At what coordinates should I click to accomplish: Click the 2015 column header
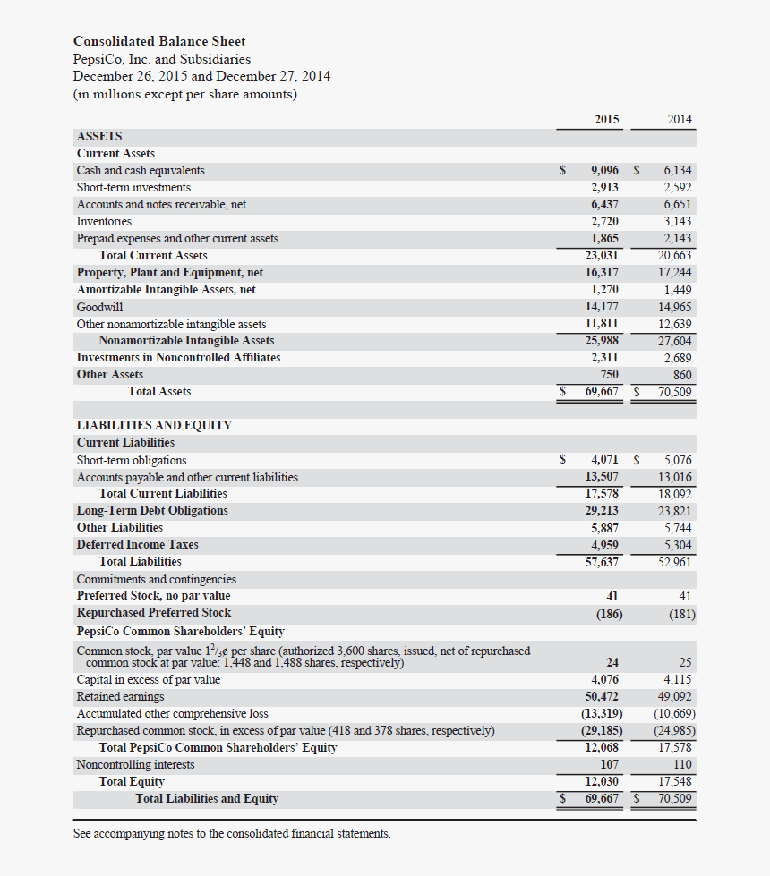606,119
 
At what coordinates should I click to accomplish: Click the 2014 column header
679,119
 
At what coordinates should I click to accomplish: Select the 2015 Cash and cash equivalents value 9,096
604,170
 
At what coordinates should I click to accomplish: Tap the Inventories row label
104,221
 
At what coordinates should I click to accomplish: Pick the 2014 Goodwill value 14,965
674,307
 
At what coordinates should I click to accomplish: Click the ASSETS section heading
99,136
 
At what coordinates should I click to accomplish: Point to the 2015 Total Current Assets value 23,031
602,255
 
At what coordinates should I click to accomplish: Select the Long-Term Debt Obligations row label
152,510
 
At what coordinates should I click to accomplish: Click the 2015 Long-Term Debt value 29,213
602,510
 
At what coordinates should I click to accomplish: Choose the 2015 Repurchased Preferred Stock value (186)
609,614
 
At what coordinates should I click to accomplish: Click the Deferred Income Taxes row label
137,544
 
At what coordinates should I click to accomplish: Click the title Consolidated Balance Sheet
159,41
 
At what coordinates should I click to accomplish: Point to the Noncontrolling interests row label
135,765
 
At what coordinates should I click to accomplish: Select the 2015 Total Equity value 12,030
602,782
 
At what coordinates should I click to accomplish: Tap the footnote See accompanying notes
232,833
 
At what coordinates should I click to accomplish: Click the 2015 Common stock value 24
612,663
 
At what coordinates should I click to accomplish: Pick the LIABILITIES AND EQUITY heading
154,425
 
